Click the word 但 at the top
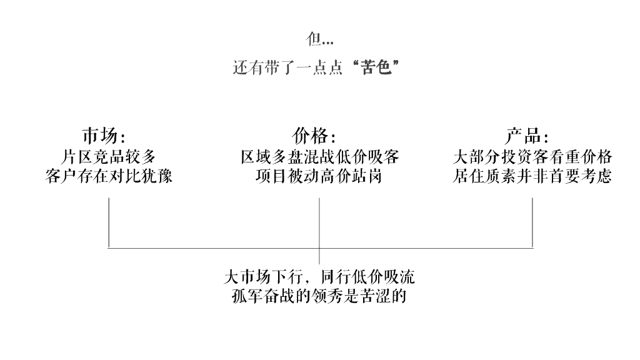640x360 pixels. tap(313, 39)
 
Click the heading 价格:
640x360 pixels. tap(314, 136)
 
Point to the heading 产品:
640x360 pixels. tap(526, 136)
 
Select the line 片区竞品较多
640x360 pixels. tap(109, 156)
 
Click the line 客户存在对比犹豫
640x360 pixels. tap(109, 176)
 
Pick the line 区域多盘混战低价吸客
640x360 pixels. tap(320, 156)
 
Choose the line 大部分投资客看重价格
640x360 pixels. tap(532, 156)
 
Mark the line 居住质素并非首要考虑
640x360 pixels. tap(532, 176)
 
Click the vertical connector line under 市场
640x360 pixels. tap(109, 222)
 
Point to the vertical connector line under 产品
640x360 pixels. tap(532, 222)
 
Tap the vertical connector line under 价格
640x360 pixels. tap(319, 225)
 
